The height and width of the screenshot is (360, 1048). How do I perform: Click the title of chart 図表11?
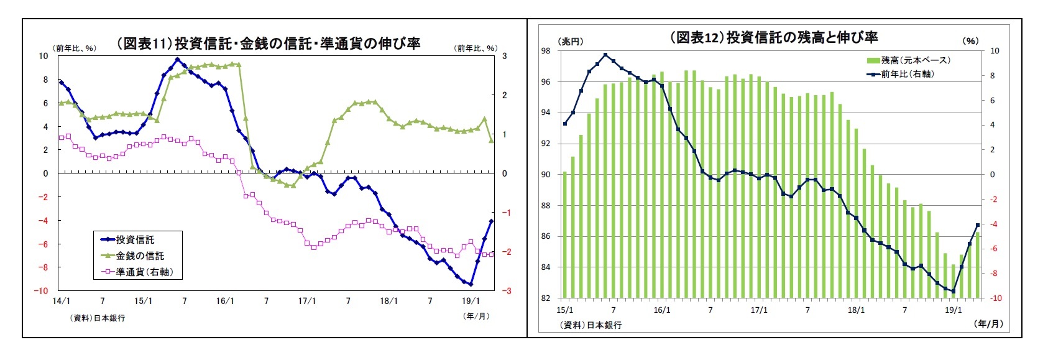(269, 44)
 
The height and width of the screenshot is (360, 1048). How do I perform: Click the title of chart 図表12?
(773, 37)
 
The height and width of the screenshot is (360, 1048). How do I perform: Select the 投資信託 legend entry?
(135, 239)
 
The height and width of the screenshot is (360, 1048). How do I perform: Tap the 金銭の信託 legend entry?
(140, 256)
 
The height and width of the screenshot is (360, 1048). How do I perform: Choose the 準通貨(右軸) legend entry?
(144, 272)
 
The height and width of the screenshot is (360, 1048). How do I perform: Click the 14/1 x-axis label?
(61, 302)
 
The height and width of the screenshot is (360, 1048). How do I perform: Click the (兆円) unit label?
(570, 42)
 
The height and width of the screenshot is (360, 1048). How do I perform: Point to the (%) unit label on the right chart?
(970, 41)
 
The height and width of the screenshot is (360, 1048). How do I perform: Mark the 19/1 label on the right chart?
(953, 310)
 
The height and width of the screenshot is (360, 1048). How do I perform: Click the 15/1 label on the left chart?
(143, 302)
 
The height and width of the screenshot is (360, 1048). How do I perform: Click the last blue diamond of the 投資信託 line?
(491, 221)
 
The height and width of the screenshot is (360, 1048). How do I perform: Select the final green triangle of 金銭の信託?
(491, 141)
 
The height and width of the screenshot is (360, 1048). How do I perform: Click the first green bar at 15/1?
(564, 235)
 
